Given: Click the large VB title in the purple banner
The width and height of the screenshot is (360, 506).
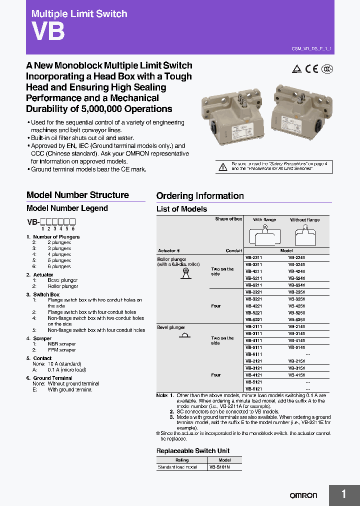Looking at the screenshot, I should (x=48, y=32).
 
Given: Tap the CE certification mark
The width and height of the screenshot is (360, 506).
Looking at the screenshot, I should (x=312, y=69).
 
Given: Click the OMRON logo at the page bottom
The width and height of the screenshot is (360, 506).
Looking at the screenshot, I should (x=303, y=495).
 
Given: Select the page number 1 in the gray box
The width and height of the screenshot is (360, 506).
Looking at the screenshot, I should (x=344, y=494).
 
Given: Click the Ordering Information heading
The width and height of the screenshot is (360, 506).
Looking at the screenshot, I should (x=200, y=196).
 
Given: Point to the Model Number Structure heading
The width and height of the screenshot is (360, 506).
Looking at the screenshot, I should (x=77, y=195).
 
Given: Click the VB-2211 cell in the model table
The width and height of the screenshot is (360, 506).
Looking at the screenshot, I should (x=253, y=257).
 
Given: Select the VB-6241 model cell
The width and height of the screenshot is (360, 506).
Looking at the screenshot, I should (x=297, y=284).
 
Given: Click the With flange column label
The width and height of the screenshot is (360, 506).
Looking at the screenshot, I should (x=264, y=220).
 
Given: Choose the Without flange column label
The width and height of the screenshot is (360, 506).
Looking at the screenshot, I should (x=304, y=220).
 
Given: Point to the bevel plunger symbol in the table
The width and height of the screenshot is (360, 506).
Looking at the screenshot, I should (x=184, y=335).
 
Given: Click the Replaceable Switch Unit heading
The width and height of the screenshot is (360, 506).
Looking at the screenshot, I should (x=193, y=451).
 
